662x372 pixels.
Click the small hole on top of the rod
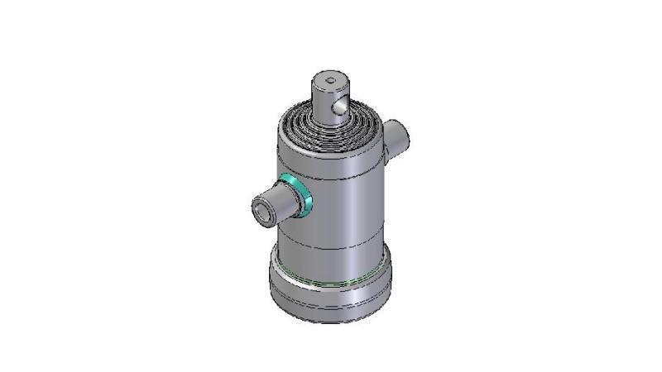[x=331, y=81]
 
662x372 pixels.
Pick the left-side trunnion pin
[x=271, y=206]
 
